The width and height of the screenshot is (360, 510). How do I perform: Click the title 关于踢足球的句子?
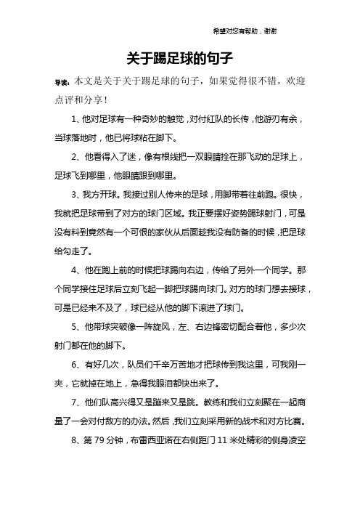[179, 57]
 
